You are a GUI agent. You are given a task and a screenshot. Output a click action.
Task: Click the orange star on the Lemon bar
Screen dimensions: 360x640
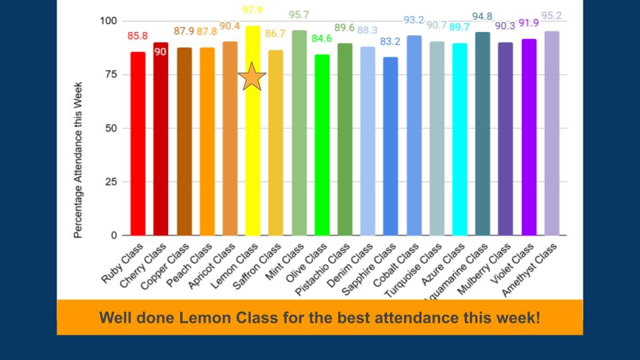pyautogui.click(x=252, y=77)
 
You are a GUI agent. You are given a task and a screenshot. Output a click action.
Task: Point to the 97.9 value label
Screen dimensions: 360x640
pyautogui.click(x=252, y=9)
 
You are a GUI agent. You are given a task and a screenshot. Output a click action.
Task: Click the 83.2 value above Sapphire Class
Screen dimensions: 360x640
pyautogui.click(x=391, y=41)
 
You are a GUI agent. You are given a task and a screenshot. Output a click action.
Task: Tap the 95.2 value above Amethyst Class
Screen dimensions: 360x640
pyautogui.click(x=551, y=15)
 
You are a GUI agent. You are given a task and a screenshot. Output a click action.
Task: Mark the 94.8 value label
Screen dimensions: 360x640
pyautogui.click(x=483, y=16)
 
